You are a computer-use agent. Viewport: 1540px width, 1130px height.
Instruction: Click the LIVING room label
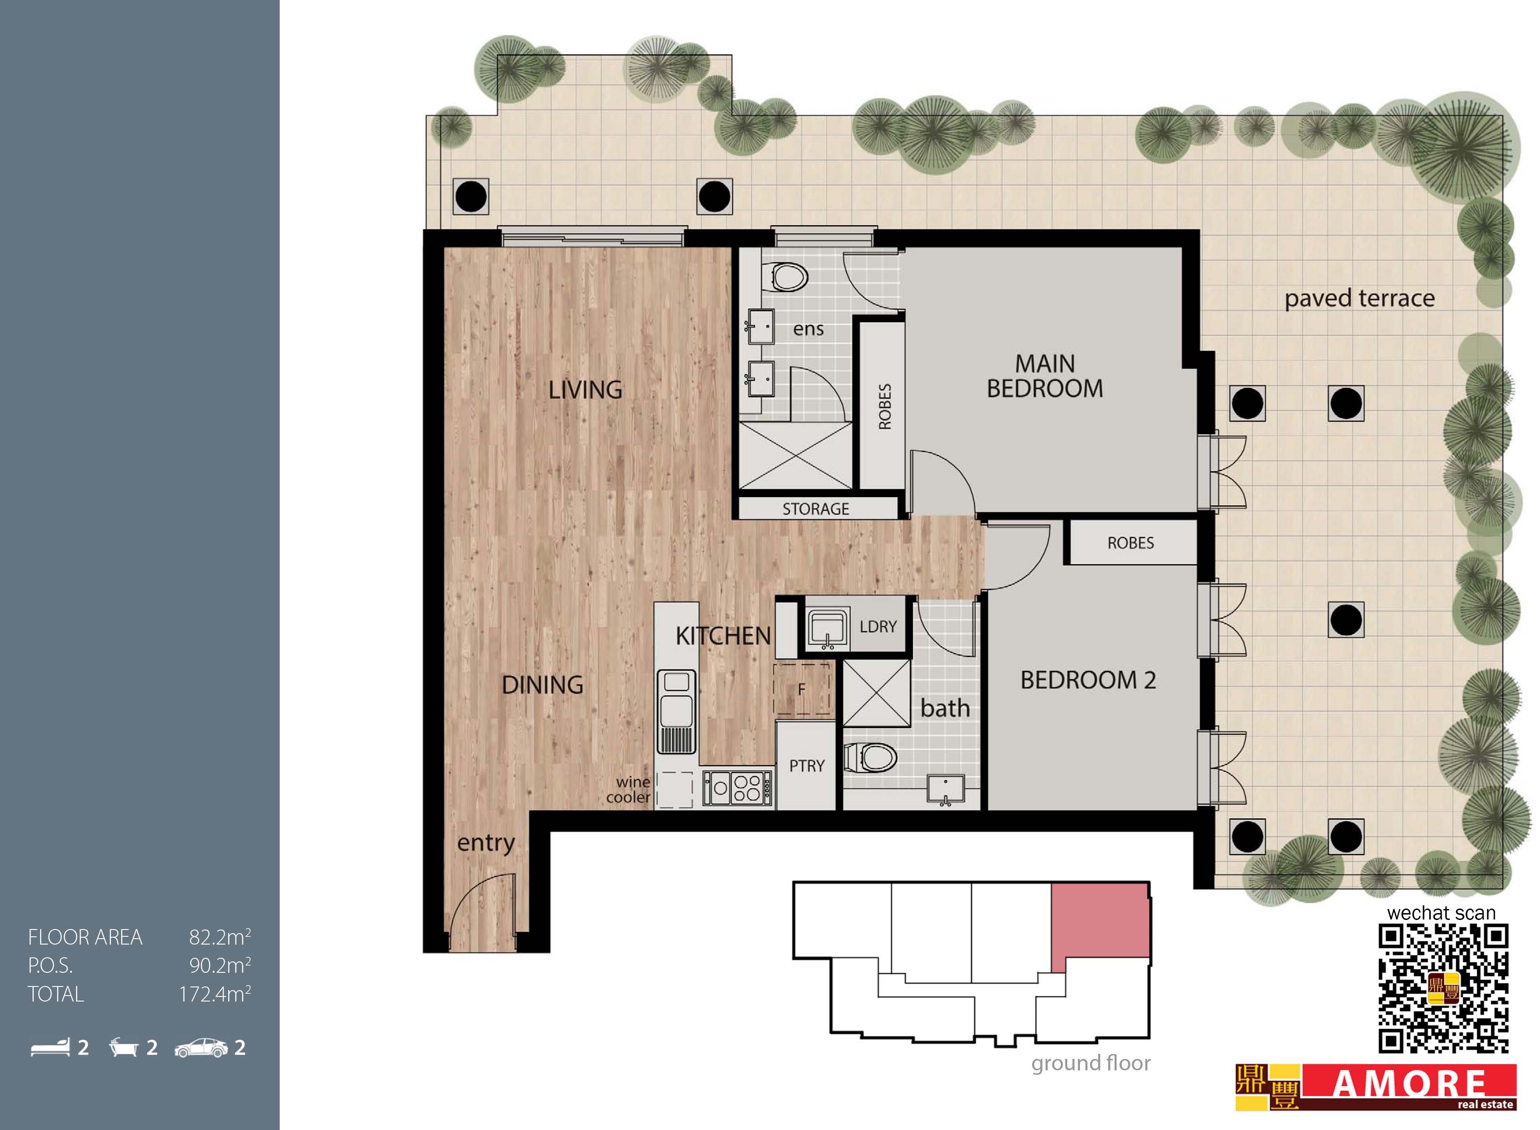(x=585, y=390)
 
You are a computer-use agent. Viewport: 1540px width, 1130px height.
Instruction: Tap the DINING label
(x=542, y=685)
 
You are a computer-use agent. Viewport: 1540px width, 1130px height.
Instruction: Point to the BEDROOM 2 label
(x=1088, y=680)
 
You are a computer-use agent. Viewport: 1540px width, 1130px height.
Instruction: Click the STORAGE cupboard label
(x=816, y=509)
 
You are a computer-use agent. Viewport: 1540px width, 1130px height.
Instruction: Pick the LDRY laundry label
(x=878, y=627)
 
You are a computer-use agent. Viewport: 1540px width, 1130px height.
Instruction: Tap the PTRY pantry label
(x=807, y=766)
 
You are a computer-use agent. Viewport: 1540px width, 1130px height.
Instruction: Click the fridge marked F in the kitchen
(x=802, y=689)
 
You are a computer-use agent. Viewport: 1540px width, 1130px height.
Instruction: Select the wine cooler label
(x=629, y=789)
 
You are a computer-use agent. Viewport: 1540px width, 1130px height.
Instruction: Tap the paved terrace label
(x=1360, y=299)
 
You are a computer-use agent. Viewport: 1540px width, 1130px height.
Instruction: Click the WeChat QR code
(x=1443, y=988)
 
